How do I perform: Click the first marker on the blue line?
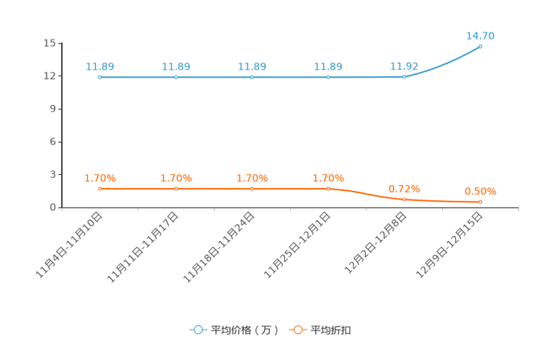click(x=99, y=76)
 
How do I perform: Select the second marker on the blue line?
click(x=176, y=76)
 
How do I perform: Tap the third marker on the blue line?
click(x=252, y=76)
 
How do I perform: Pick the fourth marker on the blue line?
click(x=328, y=76)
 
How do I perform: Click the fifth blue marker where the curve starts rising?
click(x=404, y=75)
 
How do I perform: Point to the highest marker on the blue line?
click(x=480, y=46)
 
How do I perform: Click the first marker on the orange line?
click(x=99, y=189)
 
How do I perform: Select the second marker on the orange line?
click(x=176, y=189)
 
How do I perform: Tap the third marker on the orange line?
click(x=252, y=189)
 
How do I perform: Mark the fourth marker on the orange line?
click(x=328, y=189)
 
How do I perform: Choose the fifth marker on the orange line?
click(x=404, y=199)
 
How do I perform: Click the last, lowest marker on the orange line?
click(x=480, y=202)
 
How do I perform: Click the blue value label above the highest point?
click(x=480, y=36)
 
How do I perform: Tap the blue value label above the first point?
click(x=99, y=66)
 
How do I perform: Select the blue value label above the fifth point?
click(x=404, y=65)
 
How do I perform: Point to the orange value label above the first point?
click(x=100, y=178)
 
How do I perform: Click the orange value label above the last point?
click(x=480, y=192)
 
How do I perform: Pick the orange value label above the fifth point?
click(x=404, y=189)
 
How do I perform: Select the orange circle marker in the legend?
click(x=298, y=330)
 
